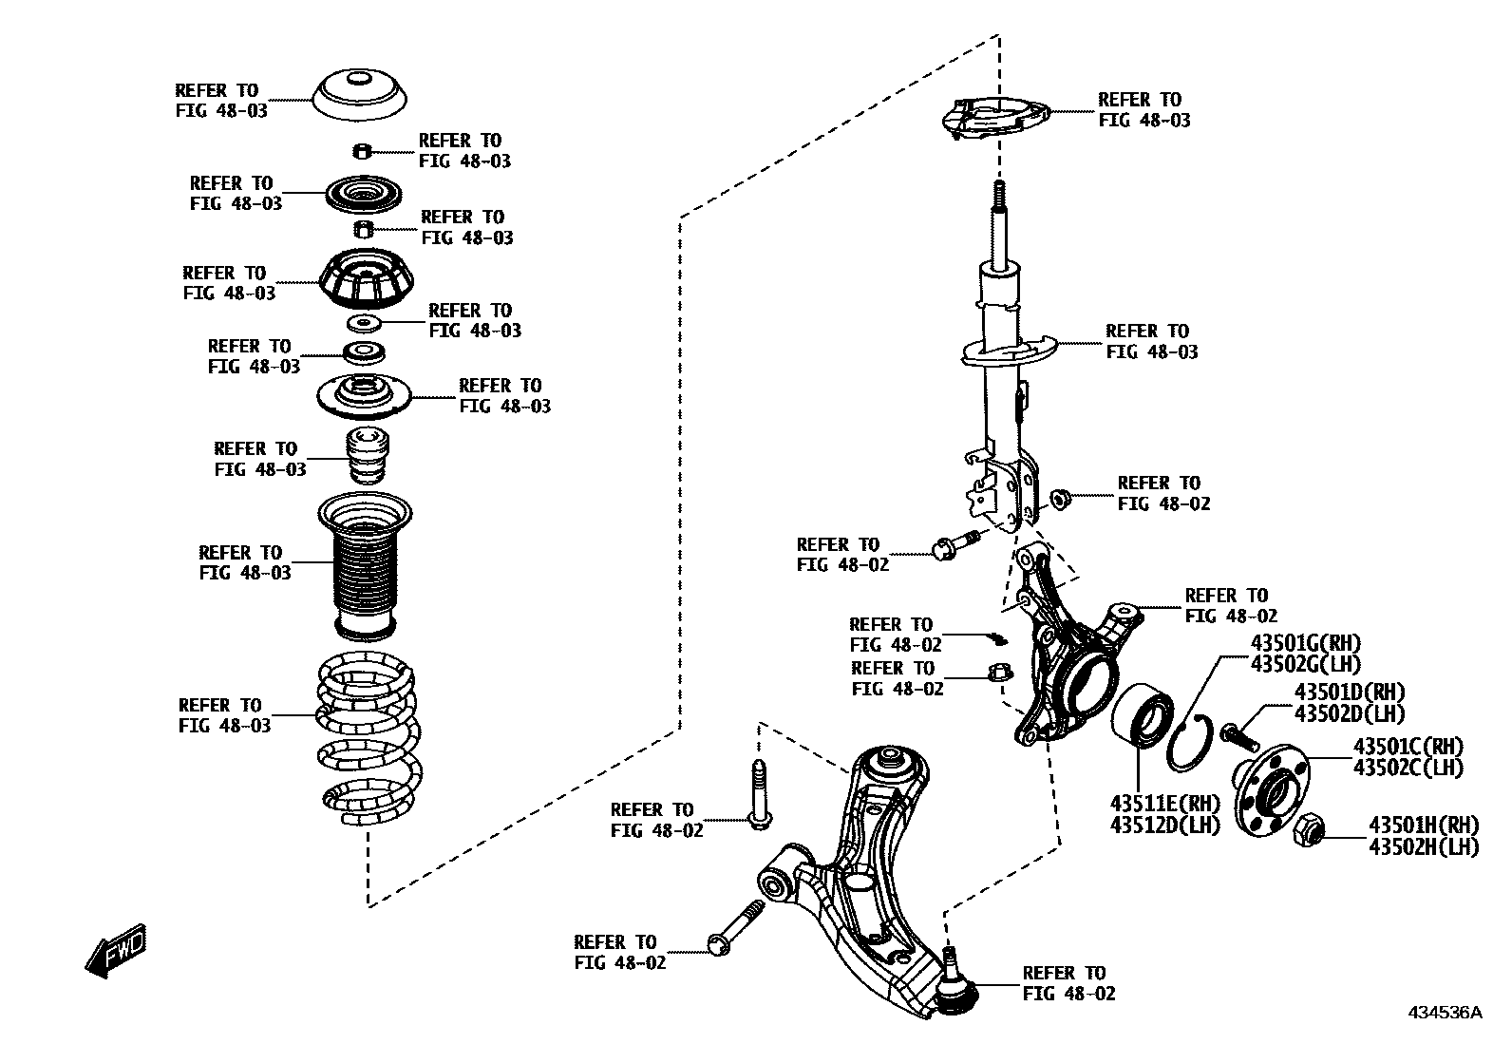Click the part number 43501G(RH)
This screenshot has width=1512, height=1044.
point(1305,643)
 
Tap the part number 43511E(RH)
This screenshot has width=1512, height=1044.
point(1163,805)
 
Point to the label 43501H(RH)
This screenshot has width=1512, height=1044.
point(1423,826)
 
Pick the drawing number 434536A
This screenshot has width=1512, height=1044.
point(1444,1013)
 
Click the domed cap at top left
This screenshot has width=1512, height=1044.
point(361,96)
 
